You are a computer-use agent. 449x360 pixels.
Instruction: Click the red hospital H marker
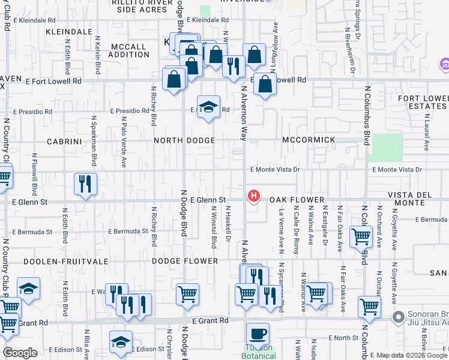[254, 196]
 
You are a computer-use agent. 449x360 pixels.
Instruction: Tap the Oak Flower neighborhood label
[297, 200]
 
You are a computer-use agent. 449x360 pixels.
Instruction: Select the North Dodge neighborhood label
[184, 140]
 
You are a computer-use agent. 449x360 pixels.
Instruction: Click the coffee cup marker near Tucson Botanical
[258, 334]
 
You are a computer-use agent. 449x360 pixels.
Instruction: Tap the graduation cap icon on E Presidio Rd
[208, 107]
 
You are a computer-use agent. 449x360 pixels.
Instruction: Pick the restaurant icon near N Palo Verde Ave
[85, 182]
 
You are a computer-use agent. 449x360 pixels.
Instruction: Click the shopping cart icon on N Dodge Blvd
[187, 294]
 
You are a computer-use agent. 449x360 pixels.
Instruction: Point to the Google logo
[20, 353]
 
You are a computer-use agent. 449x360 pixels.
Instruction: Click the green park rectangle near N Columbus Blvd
[387, 148]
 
